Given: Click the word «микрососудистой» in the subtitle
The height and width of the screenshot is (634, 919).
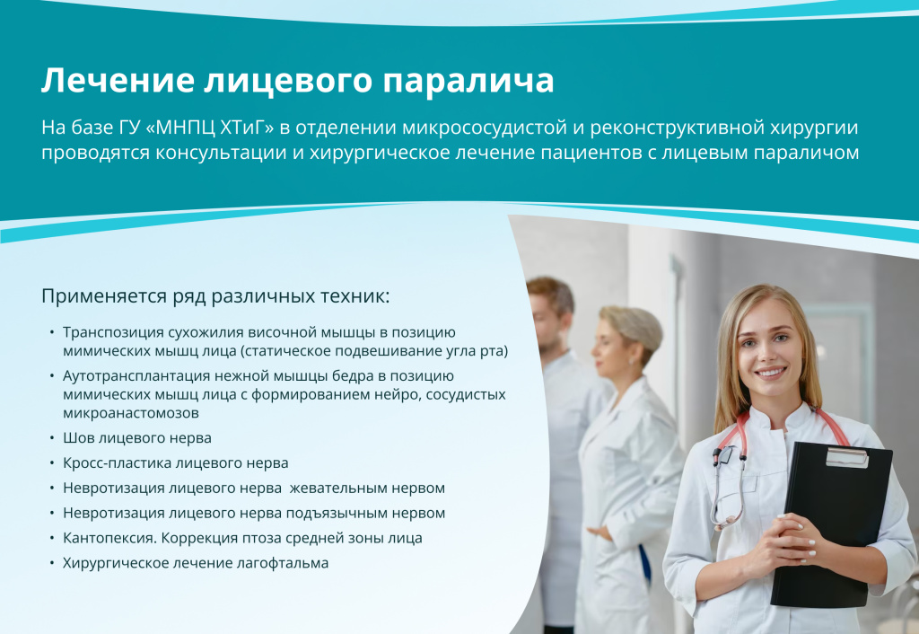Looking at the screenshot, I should pos(532,127).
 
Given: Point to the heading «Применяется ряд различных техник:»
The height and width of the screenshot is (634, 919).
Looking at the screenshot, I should pos(215,295).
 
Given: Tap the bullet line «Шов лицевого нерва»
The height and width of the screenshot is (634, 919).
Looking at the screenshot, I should pos(136,438).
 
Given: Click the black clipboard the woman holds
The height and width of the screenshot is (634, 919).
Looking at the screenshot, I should pos(830,521).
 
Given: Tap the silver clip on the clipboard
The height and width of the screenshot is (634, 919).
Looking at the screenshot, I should pos(846,457).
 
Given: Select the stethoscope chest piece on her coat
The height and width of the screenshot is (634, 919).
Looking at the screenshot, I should pos(717,456).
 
